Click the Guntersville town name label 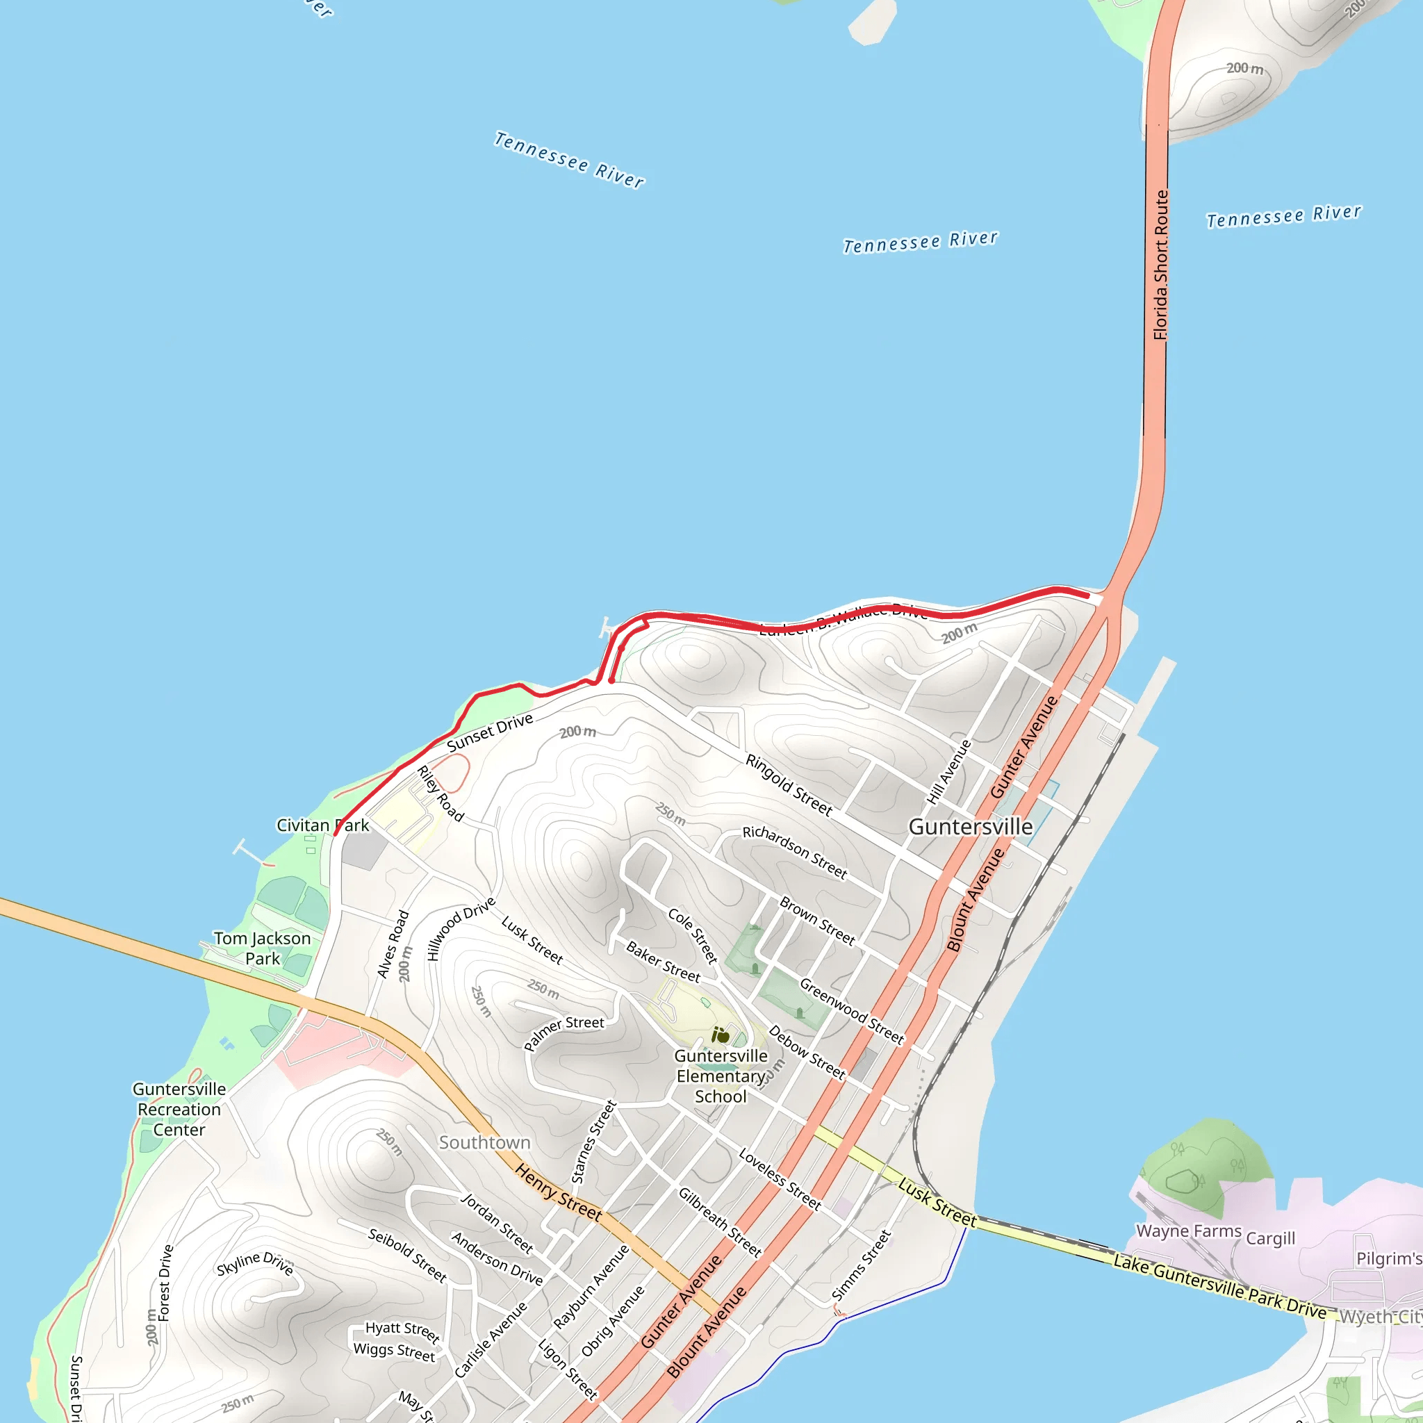(x=970, y=827)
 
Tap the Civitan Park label (x=322, y=825)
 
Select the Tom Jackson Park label (x=262, y=948)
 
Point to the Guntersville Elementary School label (x=721, y=1076)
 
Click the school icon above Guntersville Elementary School (x=721, y=1035)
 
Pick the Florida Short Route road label (x=1161, y=265)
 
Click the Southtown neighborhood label (x=485, y=1142)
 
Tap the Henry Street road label (x=559, y=1192)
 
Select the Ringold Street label (x=789, y=785)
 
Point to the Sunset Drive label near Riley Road (x=490, y=732)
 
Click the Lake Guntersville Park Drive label (x=1219, y=1287)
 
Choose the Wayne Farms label (x=1189, y=1231)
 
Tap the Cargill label (x=1271, y=1238)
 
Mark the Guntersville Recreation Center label (x=179, y=1109)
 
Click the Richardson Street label (x=795, y=852)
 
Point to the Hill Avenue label (x=949, y=772)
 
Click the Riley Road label (x=441, y=793)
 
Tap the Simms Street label (x=861, y=1265)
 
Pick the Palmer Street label (x=564, y=1033)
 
